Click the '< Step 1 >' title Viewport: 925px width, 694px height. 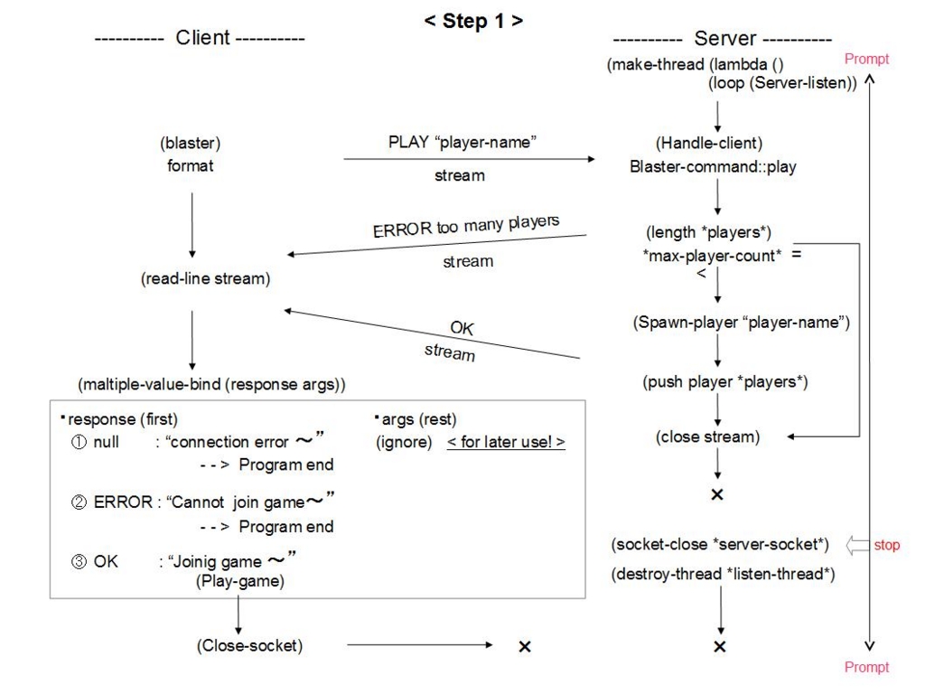pos(473,22)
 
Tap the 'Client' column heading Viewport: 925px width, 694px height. pos(202,38)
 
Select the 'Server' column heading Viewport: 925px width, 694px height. pos(725,38)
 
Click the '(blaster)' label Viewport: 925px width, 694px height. pos(190,143)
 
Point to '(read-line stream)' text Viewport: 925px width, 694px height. pos(205,278)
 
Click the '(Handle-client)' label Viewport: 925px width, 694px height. pos(709,143)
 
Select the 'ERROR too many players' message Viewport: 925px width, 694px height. pos(466,225)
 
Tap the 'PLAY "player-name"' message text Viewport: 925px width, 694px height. pos(462,142)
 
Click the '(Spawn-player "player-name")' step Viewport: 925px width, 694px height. pos(741,323)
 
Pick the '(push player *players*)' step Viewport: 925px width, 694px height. pos(725,382)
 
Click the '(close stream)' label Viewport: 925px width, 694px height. pos(708,436)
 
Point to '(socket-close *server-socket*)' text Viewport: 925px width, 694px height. pos(720,544)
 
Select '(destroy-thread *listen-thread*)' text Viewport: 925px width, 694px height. pos(723,574)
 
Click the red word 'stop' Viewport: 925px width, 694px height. pos(887,545)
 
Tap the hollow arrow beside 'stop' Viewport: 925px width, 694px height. pos(857,545)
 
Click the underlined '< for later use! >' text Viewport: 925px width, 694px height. pos(506,442)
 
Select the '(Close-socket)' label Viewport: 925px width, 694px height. pos(249,645)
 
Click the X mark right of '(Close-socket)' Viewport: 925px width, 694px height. pos(525,647)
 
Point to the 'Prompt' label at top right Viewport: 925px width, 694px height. pos(866,59)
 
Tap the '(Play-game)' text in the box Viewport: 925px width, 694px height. pos(240,581)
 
